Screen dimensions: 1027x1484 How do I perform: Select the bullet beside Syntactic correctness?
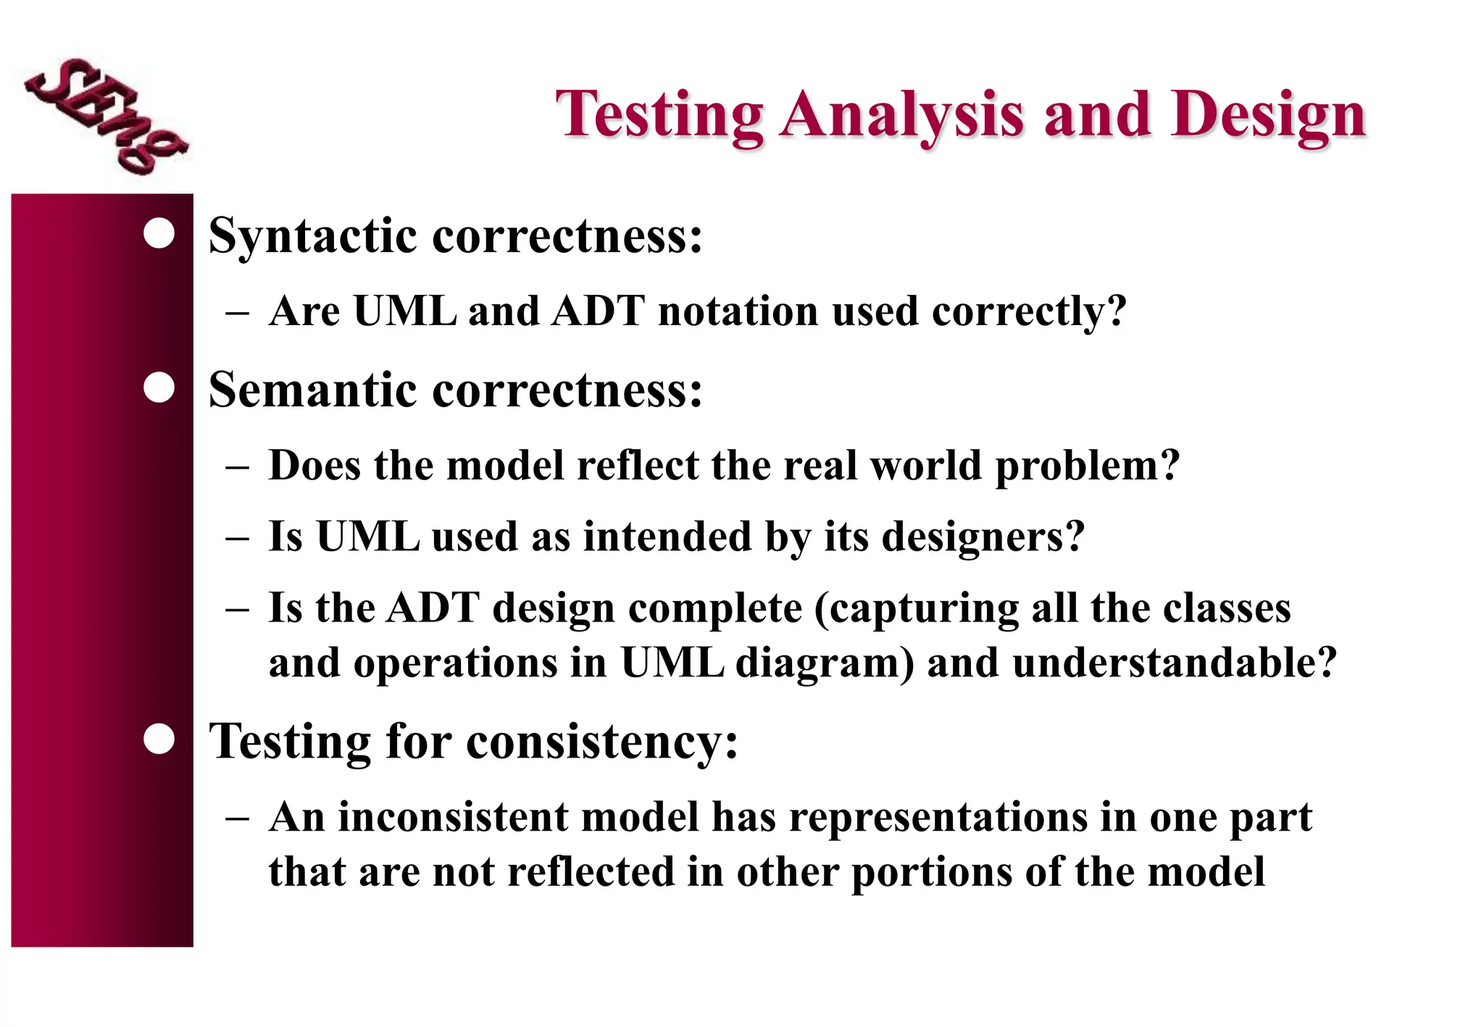click(159, 234)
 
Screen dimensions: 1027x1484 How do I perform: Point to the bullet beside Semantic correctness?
click(159, 387)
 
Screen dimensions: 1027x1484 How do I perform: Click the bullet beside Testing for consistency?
click(159, 739)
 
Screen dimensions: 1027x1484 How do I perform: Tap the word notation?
click(738, 311)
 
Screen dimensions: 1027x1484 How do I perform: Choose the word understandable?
click(1163, 663)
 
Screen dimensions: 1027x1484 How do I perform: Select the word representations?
click(938, 818)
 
